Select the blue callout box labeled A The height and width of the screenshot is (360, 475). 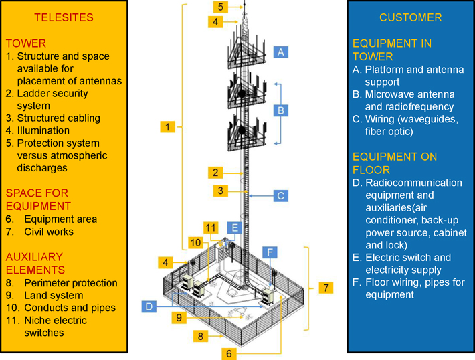point(281,52)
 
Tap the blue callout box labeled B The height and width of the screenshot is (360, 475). point(281,110)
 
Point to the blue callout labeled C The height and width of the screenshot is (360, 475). point(281,196)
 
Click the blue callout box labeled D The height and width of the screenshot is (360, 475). point(150,306)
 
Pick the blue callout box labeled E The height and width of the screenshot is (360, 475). point(233,228)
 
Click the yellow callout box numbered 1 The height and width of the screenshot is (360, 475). point(168,126)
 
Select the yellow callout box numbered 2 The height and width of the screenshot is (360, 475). point(215,173)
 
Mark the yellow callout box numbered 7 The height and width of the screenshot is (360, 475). point(326,288)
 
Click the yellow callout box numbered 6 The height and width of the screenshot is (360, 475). point(229,353)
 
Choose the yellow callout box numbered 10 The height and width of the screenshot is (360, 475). point(195,242)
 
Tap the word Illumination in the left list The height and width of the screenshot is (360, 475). point(43,130)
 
